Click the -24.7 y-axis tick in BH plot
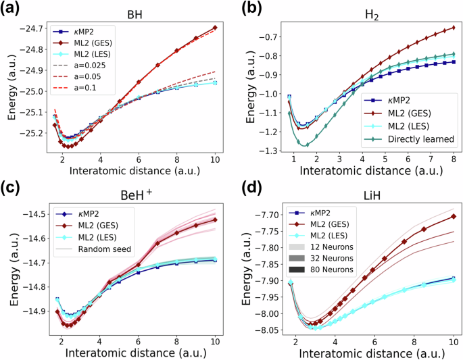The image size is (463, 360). pos(30,28)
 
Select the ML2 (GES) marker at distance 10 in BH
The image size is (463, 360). pos(215,28)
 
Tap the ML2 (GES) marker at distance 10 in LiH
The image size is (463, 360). pos(454,216)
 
